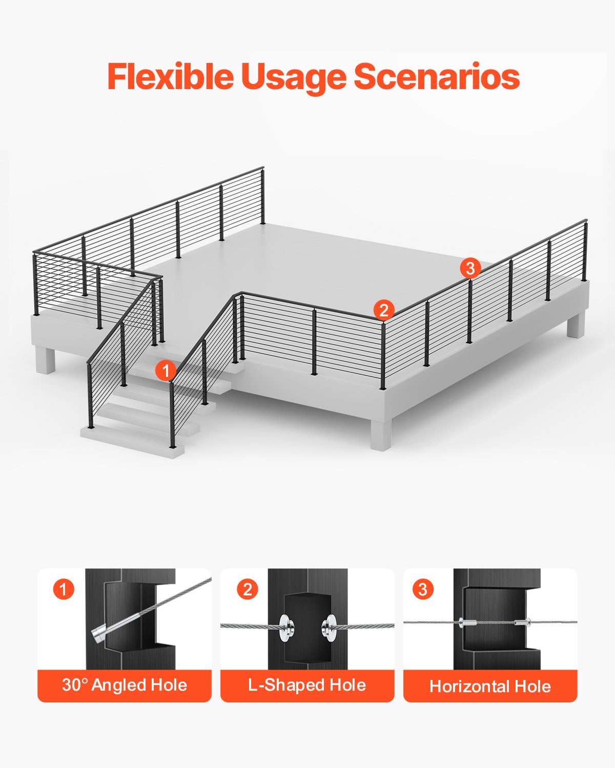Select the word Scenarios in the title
coord(437,77)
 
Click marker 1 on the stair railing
coord(166,370)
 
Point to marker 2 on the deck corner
coord(384,310)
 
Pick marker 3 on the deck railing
coord(470,268)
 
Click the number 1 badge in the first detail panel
coord(64,589)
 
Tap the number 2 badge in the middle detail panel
coord(247,589)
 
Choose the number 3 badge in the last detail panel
coord(423,589)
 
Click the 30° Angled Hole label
coord(125,685)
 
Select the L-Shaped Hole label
coord(307,685)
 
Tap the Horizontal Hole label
coord(490,686)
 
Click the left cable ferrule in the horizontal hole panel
coord(468,623)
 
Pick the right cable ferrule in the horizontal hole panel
coord(522,623)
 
